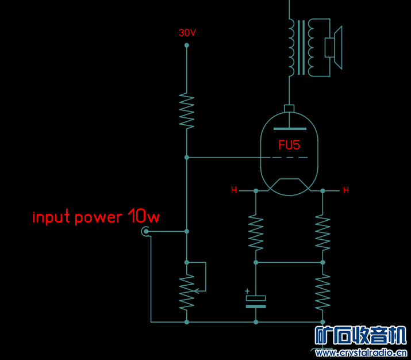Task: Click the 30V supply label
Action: pos(187,33)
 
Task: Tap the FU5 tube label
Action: pos(289,145)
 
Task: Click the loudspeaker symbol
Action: pos(333,47)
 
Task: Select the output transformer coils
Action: pos(301,47)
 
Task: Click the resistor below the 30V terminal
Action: pos(186,110)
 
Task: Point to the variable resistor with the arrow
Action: pos(186,290)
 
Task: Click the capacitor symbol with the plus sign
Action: pos(256,302)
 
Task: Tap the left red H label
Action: pos(234,190)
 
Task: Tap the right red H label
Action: pos(345,190)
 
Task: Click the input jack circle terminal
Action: pos(145,232)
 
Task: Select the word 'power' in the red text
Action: pos(99,217)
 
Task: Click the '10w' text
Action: pos(144,217)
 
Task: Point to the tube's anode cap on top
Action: pos(289,109)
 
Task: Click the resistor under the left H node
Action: pos(256,231)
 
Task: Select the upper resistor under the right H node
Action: pos(322,231)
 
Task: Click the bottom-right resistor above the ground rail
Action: pos(322,292)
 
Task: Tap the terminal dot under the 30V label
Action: pos(186,45)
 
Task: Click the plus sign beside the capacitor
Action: pos(248,291)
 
